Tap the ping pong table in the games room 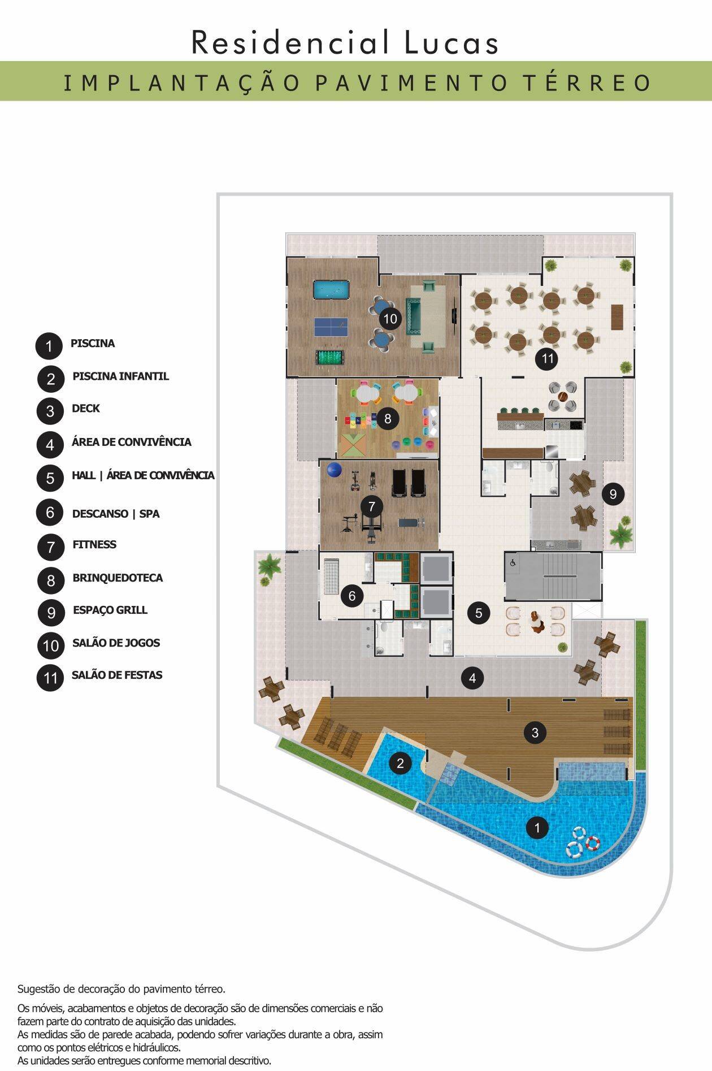click(331, 326)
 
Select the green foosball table click(331, 358)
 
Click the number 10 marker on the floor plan click(390, 319)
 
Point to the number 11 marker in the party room click(547, 358)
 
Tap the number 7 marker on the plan click(372, 506)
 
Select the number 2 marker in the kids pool click(400, 764)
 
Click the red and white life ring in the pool click(592, 843)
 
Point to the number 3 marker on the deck click(535, 733)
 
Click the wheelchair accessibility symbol click(513, 563)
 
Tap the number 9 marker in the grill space click(613, 495)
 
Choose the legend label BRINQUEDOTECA click(118, 578)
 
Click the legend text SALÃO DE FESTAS click(117, 675)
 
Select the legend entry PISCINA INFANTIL click(121, 376)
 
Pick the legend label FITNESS click(94, 545)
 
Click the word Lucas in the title click(451, 42)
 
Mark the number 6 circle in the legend click(50, 513)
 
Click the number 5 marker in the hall click(479, 613)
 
